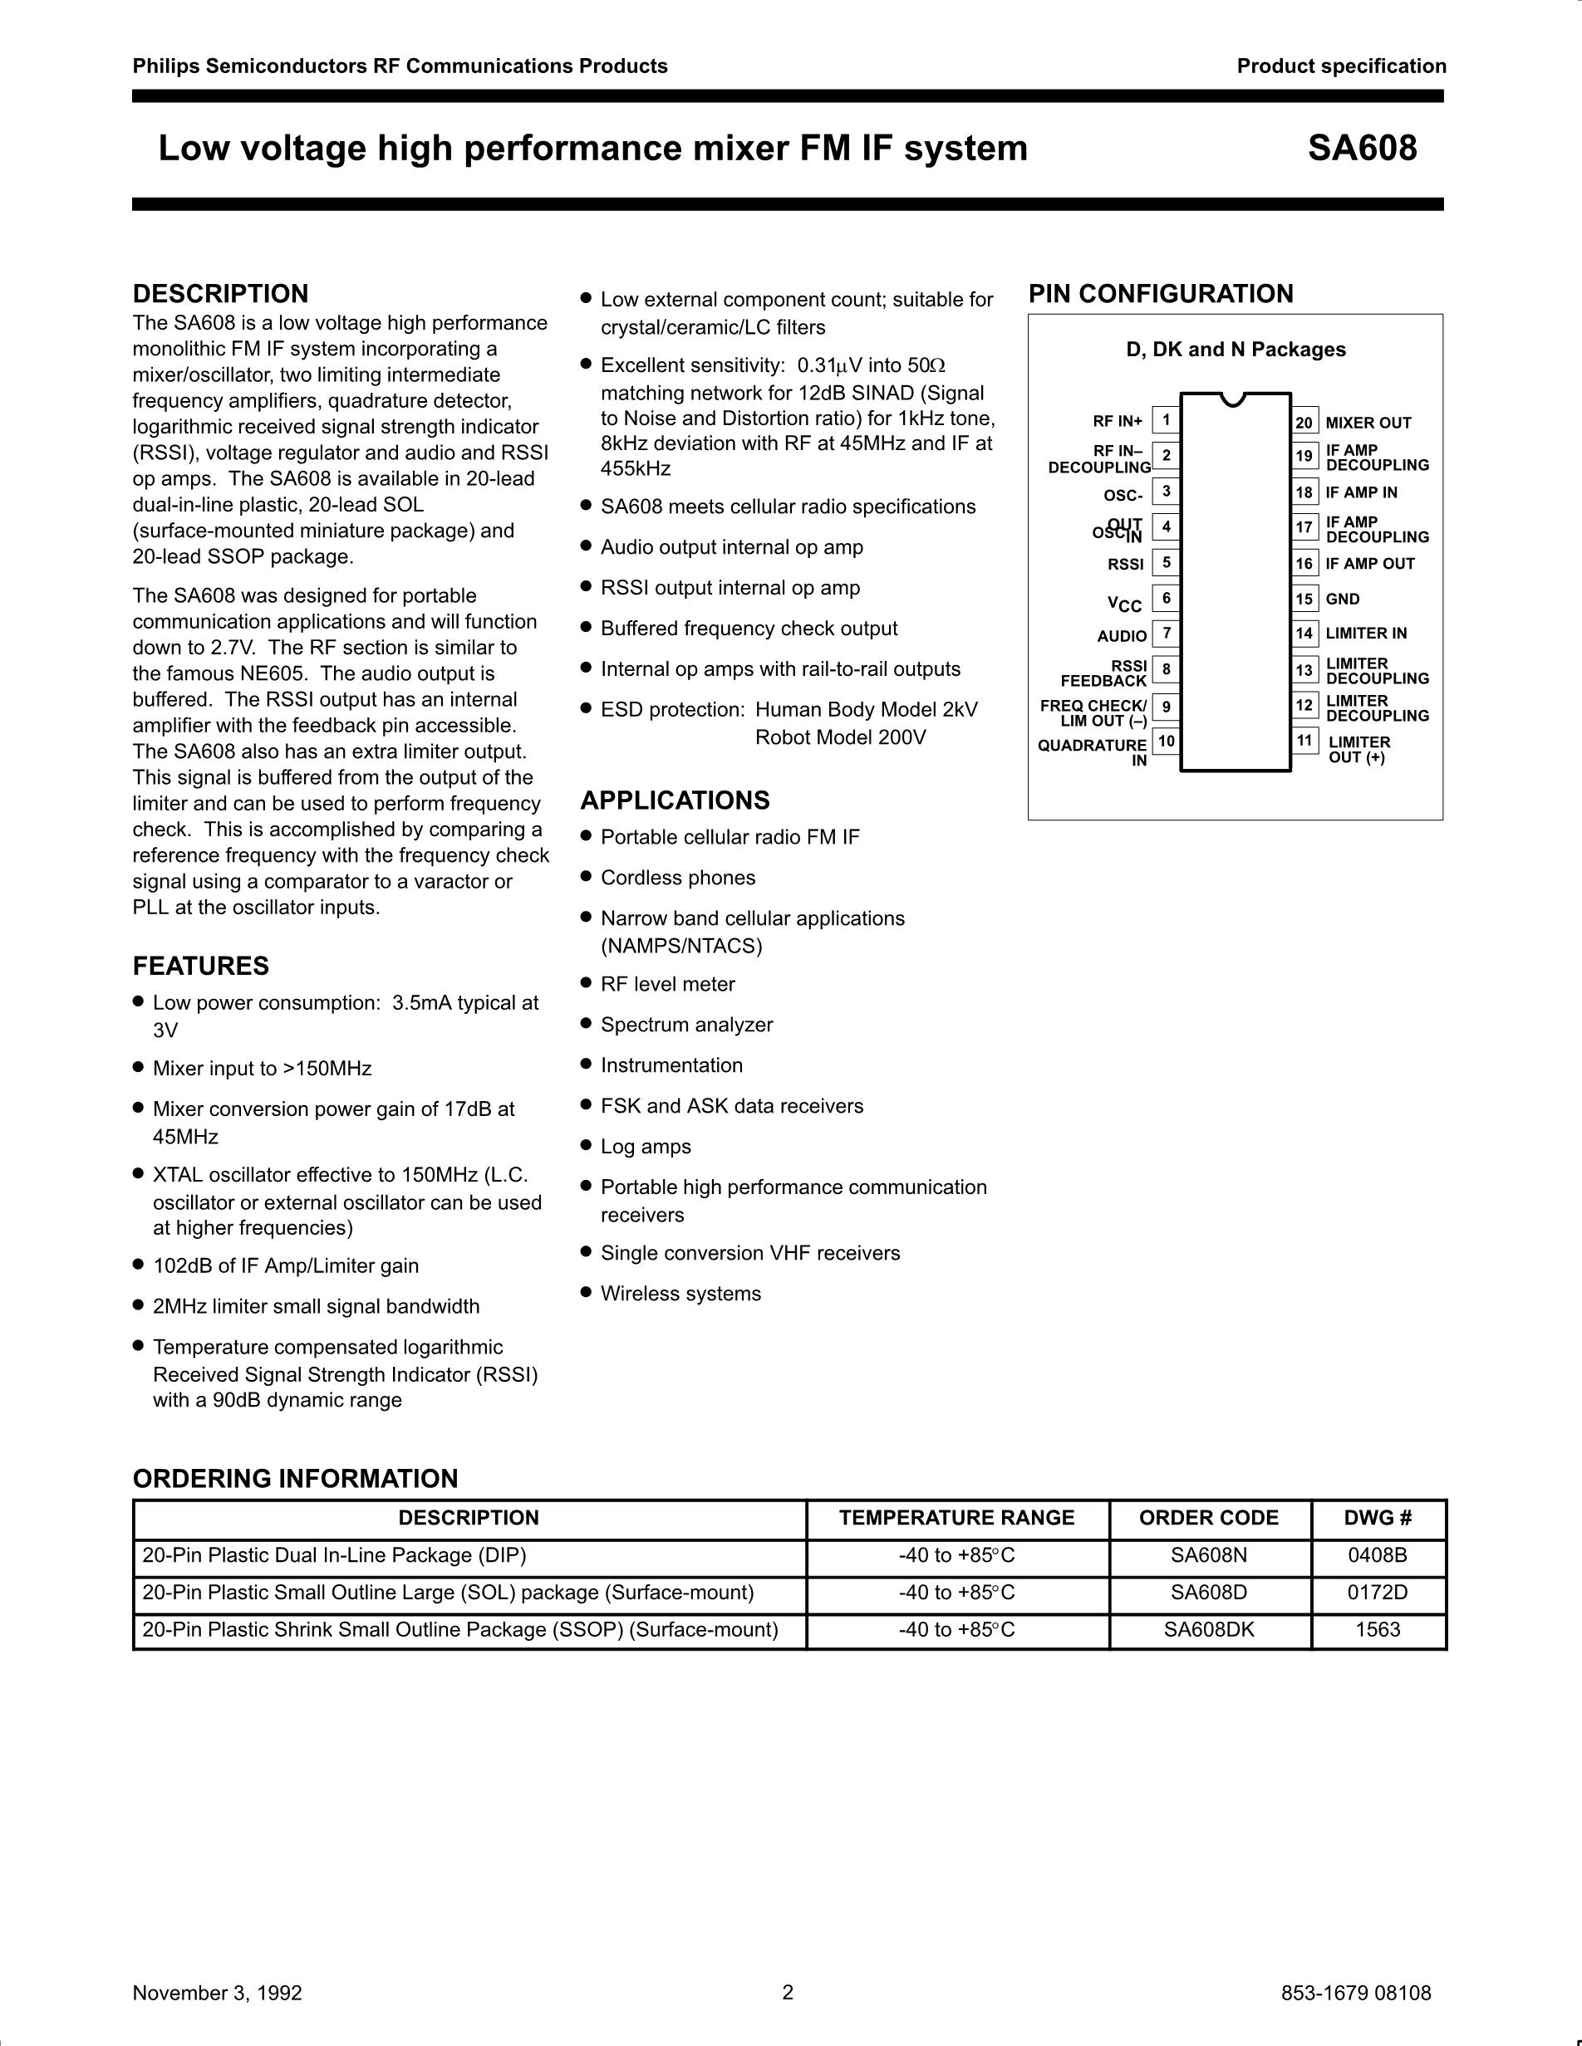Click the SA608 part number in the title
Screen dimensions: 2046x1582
click(x=1362, y=149)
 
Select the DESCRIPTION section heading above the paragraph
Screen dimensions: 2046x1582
click(x=220, y=294)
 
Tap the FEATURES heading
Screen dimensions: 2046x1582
click(x=200, y=966)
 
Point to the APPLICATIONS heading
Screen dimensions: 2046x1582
click(x=675, y=800)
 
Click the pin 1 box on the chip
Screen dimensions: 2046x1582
click(x=1166, y=419)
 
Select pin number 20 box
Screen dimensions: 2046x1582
click(x=1304, y=423)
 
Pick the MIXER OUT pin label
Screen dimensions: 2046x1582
click(x=1368, y=423)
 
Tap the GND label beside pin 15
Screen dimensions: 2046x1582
click(x=1342, y=599)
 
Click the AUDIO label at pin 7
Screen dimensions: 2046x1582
click(x=1122, y=636)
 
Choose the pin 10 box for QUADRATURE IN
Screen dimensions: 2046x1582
click(x=1166, y=741)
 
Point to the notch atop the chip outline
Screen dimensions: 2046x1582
click(x=1236, y=399)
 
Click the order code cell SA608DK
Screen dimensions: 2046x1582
click(x=1208, y=1629)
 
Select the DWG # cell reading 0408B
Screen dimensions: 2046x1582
click(x=1378, y=1555)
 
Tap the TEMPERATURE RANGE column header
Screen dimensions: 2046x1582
click(x=956, y=1518)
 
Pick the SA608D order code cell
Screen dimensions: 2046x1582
click(x=1208, y=1592)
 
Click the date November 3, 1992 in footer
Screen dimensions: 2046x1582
click(x=218, y=1993)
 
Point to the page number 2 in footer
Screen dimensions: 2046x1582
click(x=787, y=1992)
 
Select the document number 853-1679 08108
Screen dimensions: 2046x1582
click(x=1355, y=1993)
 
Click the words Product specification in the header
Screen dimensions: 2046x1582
click(x=1341, y=66)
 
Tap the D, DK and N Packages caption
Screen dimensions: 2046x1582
click(x=1236, y=350)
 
